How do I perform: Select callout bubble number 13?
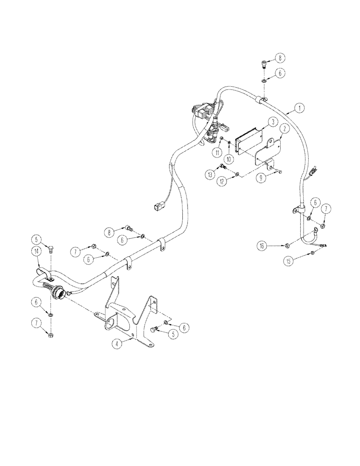click(210, 174)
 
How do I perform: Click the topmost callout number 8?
click(280, 58)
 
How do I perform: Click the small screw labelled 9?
click(278, 173)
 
